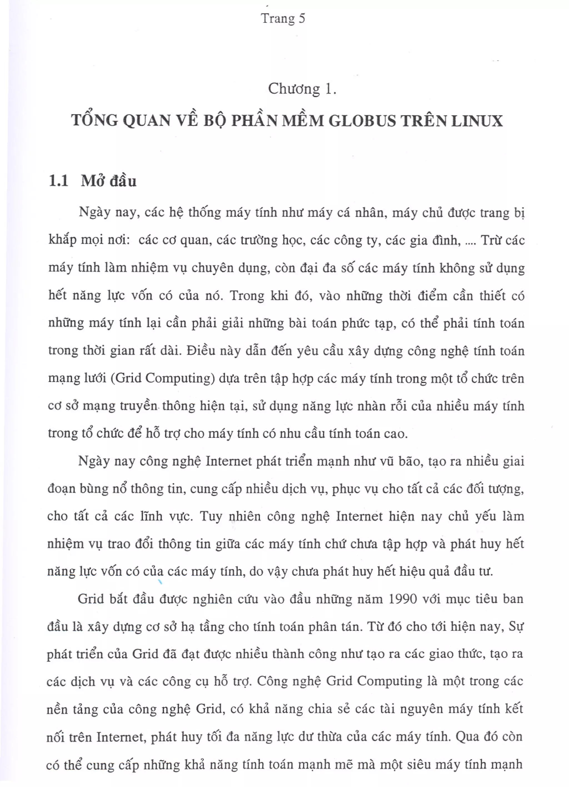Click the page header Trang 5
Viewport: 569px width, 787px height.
click(283, 18)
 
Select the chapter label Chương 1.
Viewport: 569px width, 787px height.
click(302, 89)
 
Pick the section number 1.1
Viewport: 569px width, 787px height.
click(58, 181)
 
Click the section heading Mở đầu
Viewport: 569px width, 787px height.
click(109, 181)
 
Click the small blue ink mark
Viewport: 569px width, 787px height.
click(160, 583)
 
